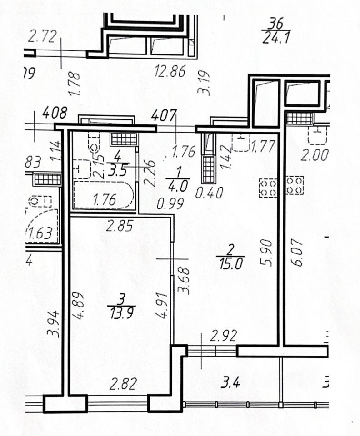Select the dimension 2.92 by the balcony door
[223, 337]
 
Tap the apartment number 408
[55, 112]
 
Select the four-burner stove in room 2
[267, 188]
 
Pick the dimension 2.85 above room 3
[120, 225]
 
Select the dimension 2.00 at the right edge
[314, 156]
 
